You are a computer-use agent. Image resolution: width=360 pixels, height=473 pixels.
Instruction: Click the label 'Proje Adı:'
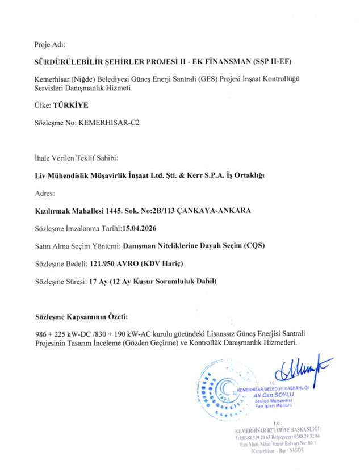click(51, 44)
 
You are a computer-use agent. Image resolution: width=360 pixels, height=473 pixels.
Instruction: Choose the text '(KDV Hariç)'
click(166, 263)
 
